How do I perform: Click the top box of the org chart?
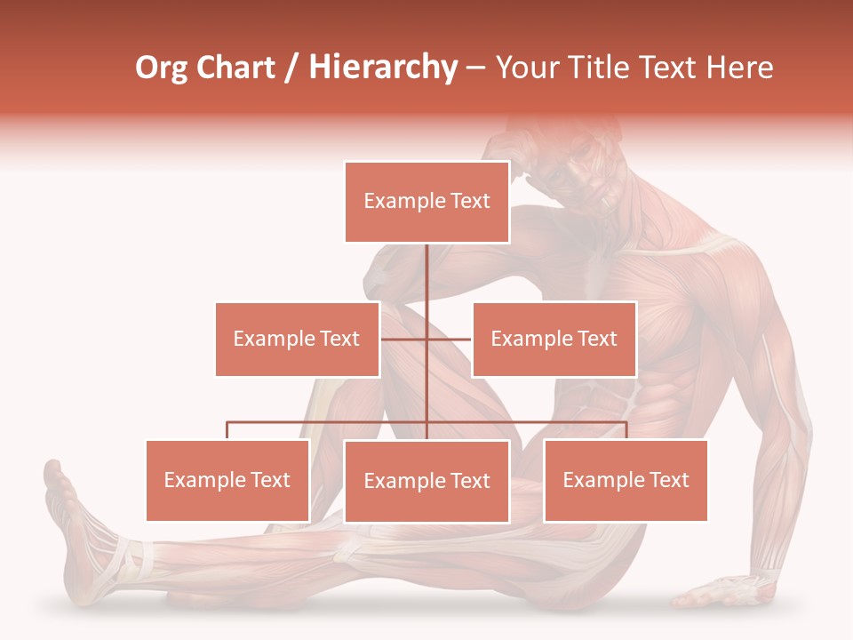tap(426, 202)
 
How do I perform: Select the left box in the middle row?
tap(297, 339)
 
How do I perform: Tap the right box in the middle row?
tap(554, 339)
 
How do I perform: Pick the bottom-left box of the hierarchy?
tap(227, 480)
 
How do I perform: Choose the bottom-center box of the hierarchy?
tap(426, 481)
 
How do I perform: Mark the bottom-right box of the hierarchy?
tap(626, 480)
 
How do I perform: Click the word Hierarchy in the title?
tap(383, 68)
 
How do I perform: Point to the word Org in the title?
tap(162, 68)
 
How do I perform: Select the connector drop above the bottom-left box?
tap(227, 430)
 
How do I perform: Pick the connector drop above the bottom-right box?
tap(626, 430)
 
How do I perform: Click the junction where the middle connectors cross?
tap(426, 339)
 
